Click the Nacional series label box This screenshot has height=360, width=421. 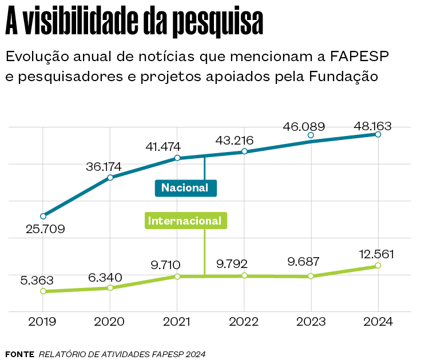click(x=185, y=187)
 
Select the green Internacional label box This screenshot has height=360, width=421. click(x=185, y=221)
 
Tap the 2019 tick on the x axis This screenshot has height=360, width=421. click(x=43, y=322)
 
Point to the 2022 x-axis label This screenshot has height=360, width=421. click(x=244, y=322)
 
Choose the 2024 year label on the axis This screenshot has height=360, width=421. click(x=378, y=322)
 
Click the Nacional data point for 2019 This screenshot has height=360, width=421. click(x=43, y=216)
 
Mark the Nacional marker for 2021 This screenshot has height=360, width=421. click(x=177, y=158)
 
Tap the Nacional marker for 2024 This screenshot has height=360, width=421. click(x=378, y=134)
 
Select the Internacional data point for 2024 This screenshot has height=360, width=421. click(x=378, y=266)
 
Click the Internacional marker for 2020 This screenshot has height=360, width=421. click(x=110, y=287)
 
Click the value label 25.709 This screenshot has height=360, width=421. click(x=46, y=229)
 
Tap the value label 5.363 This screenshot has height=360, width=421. click(x=37, y=280)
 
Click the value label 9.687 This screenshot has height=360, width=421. click(x=304, y=263)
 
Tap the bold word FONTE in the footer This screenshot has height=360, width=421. click(x=19, y=354)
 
